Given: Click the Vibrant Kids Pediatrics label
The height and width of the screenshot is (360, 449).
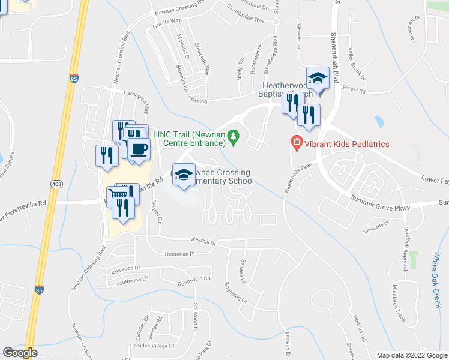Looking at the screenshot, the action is point(346,144).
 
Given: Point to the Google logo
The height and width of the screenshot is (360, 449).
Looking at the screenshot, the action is point(20,353).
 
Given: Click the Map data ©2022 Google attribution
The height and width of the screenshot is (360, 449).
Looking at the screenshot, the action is point(412,355).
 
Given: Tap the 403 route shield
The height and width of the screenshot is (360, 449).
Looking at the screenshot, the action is point(56,183).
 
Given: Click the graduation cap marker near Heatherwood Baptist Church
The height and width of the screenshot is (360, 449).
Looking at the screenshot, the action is point(318,78).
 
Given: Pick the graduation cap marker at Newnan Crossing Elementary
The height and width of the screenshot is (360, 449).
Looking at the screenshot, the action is point(184,175).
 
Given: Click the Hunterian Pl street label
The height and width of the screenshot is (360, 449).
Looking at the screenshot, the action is point(181,254).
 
